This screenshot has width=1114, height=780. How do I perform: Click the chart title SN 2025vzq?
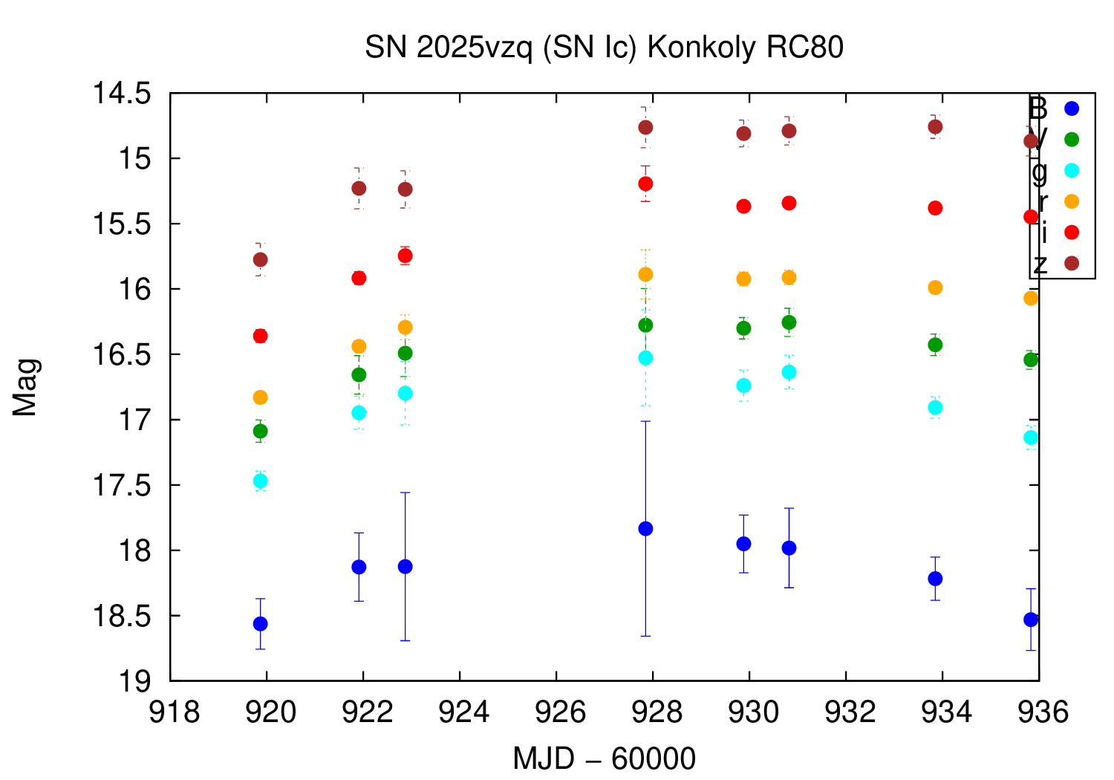(x=604, y=48)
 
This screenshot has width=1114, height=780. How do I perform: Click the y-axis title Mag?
(x=25, y=387)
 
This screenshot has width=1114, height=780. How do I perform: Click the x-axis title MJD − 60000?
(x=604, y=759)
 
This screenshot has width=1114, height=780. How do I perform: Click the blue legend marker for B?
(x=1071, y=108)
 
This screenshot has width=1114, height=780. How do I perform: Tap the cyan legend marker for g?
(x=1071, y=170)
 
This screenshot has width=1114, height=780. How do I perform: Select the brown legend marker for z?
(x=1071, y=263)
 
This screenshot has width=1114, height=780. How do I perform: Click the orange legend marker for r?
(x=1071, y=201)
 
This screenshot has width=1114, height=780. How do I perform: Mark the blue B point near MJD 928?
(x=645, y=529)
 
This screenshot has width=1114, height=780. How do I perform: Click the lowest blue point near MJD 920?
(x=260, y=623)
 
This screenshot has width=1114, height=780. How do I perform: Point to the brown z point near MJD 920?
(x=260, y=259)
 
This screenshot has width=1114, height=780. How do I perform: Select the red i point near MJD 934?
(x=935, y=208)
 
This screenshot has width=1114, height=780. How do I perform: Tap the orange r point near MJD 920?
(x=260, y=397)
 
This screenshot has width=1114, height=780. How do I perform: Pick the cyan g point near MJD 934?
(x=935, y=407)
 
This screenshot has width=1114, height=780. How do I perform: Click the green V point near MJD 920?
(x=260, y=431)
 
